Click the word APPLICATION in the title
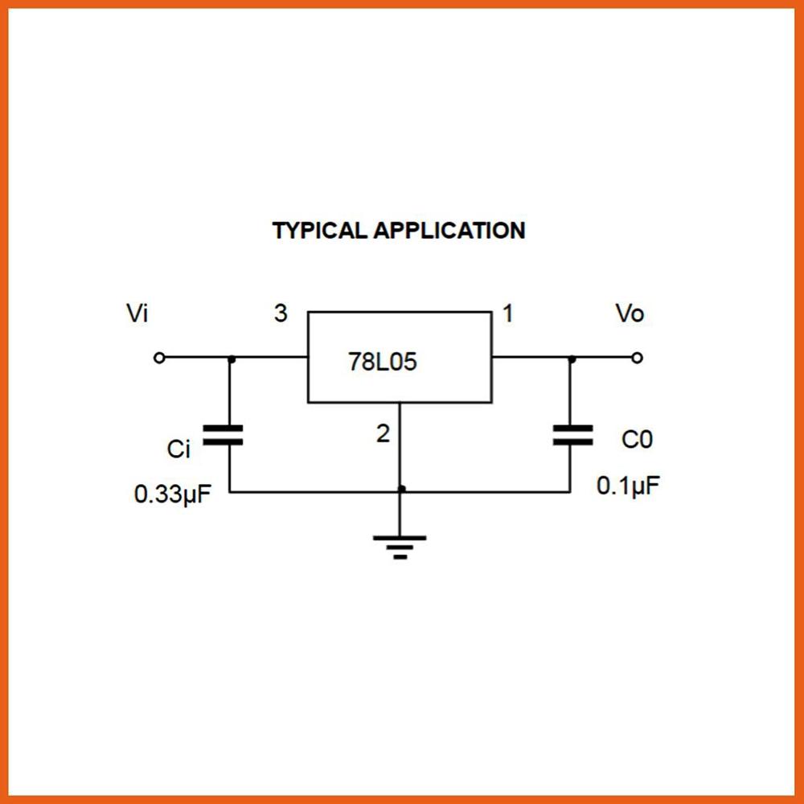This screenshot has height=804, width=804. coord(449,231)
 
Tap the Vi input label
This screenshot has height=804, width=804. coord(137,314)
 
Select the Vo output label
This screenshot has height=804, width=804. coord(630,314)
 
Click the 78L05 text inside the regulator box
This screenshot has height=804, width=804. coord(383,362)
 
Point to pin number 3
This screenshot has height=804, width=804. coord(280,314)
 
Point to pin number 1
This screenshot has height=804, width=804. coord(507,314)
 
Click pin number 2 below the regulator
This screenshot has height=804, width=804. coord(383,434)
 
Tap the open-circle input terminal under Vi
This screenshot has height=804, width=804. coord(159,358)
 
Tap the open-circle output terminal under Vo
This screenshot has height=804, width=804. coord(637,358)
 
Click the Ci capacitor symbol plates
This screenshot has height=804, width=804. coord(223,435)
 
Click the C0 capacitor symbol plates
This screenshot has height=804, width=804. coord(572,435)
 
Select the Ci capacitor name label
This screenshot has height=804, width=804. coord(178,449)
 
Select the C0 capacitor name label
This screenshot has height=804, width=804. coord(637,440)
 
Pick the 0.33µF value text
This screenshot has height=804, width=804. coord(172,494)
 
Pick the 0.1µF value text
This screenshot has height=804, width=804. coord(629,486)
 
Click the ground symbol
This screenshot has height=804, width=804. coord(400,546)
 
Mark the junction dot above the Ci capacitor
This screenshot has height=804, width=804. coord(232,359)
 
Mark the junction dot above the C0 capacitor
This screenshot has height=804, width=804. coord(572,359)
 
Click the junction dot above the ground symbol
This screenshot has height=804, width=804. coord(401,489)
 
